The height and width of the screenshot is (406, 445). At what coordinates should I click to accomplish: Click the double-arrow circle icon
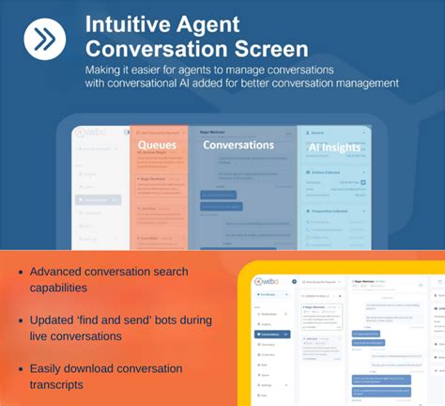tap(44, 40)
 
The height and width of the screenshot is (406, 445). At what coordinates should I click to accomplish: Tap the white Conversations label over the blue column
tap(238, 146)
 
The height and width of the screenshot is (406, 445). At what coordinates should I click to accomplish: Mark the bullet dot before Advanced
tap(20, 273)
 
